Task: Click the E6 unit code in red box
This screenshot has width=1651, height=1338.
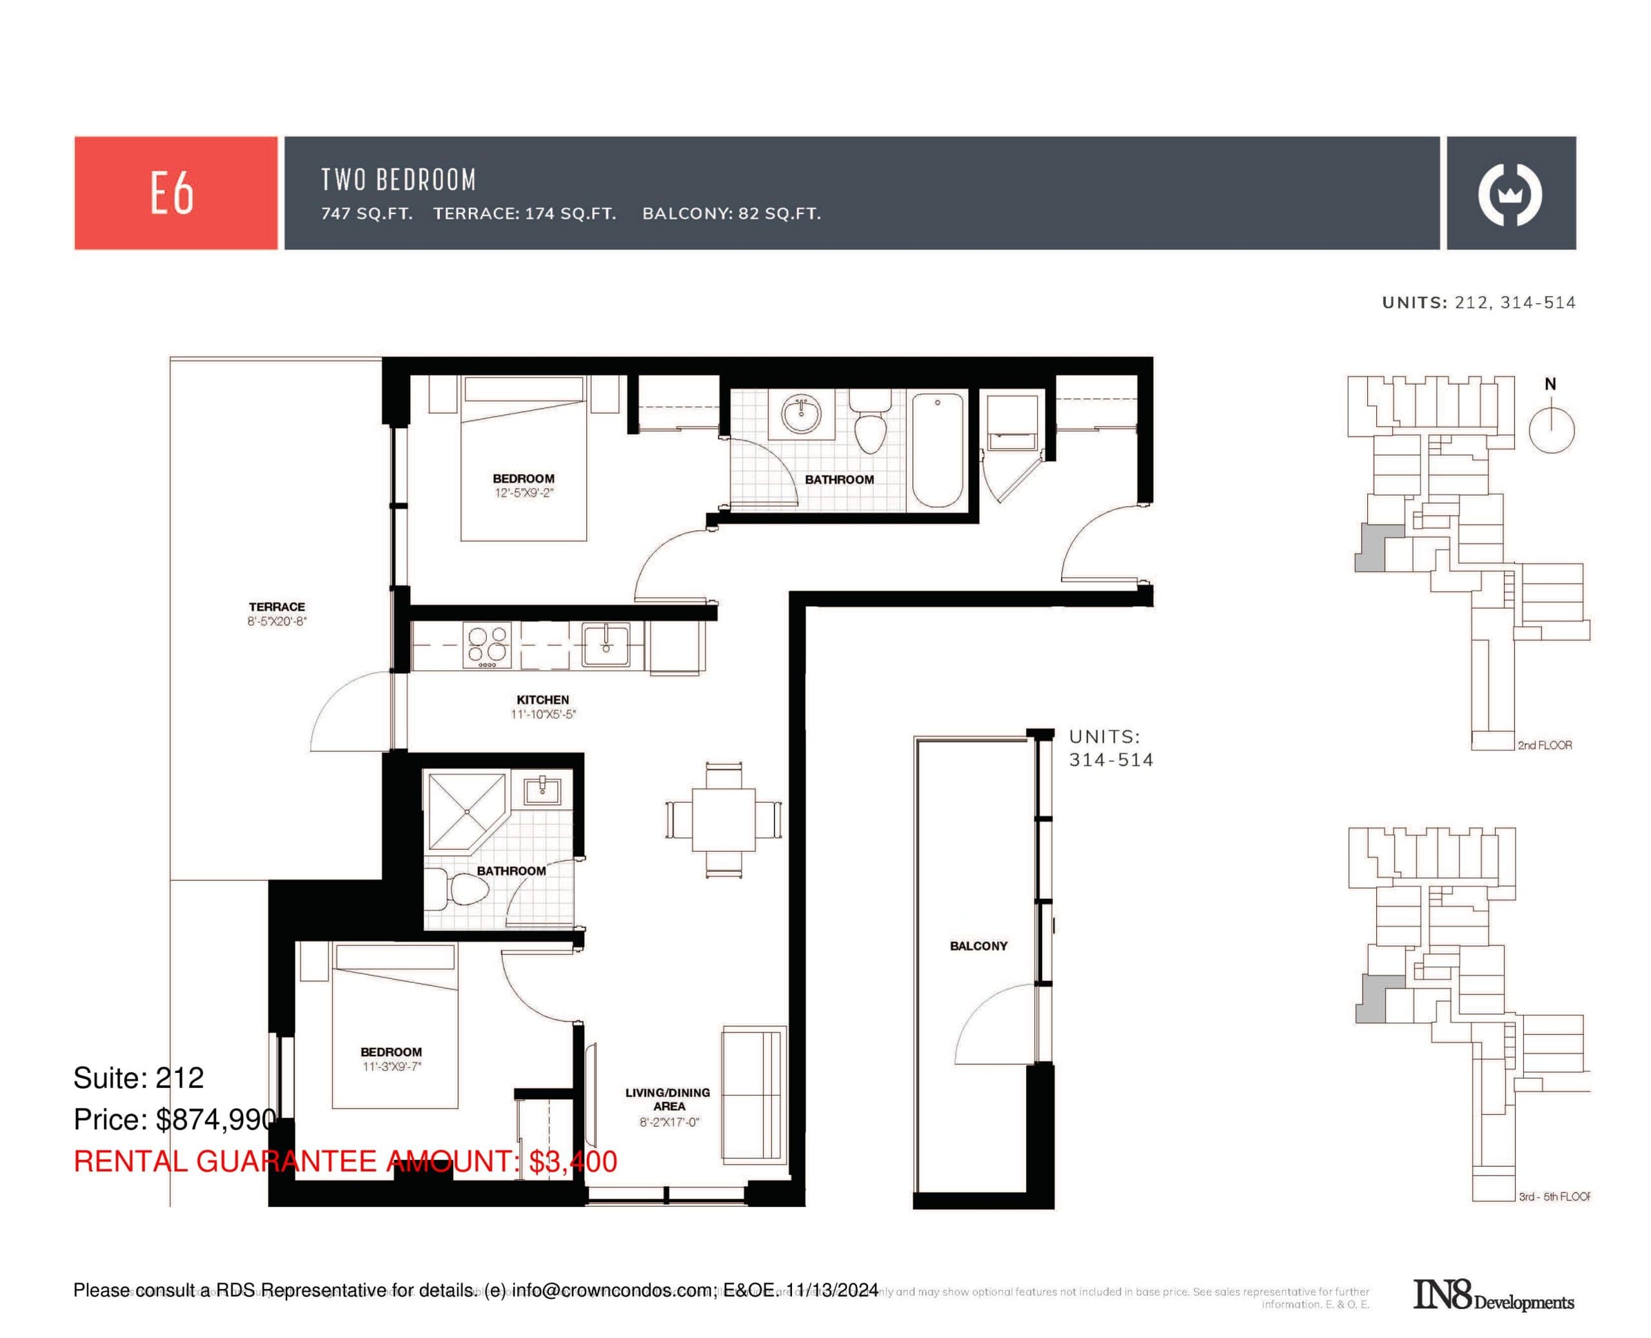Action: coord(172,193)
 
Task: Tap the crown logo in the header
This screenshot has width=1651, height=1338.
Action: coord(1509,193)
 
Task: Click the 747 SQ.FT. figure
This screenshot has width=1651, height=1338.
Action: coord(367,213)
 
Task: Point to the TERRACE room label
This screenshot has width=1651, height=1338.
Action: coord(277,607)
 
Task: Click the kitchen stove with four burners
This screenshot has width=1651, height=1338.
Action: coord(487,644)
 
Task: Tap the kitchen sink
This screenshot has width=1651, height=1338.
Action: coord(605,644)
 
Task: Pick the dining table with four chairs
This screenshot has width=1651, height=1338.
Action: coord(723,820)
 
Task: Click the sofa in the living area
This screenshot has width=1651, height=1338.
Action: coord(754,1093)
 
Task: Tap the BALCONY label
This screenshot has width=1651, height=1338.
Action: coord(978,946)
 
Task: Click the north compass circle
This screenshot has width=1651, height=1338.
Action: coord(1551,430)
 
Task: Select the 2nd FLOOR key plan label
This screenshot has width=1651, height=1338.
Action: coord(1544,745)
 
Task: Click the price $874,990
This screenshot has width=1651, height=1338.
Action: coord(216,1119)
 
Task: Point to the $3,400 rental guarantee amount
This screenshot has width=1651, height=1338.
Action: coord(573,1161)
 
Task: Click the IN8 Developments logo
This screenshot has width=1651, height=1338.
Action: coord(1492,1295)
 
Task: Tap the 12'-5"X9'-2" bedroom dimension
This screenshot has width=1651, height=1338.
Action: coord(524,493)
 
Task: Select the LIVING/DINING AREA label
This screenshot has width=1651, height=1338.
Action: coord(667,1099)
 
